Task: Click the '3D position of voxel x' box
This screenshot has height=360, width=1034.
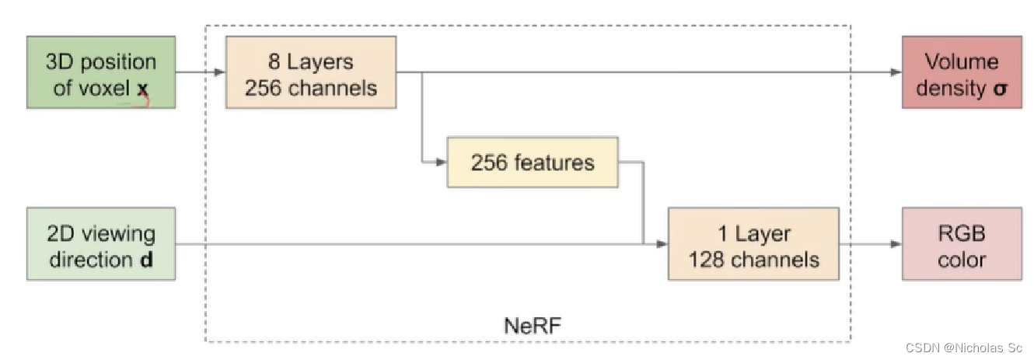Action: pos(100,72)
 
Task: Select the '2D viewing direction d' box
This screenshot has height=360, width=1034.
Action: pos(100,243)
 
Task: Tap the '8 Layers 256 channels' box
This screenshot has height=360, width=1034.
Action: pos(311,72)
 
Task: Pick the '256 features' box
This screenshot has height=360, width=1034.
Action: pos(532,162)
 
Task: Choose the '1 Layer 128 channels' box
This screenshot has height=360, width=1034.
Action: pos(753,243)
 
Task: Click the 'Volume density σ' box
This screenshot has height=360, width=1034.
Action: pos(962,72)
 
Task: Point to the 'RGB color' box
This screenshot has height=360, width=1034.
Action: pos(962,243)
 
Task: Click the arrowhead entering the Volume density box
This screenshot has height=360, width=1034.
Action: pos(896,72)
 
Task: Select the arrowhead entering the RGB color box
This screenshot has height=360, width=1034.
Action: pos(896,243)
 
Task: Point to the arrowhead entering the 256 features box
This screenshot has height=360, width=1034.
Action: pos(442,163)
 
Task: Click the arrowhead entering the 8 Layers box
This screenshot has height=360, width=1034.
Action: pos(220,72)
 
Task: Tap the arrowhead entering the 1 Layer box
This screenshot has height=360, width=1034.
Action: pos(662,243)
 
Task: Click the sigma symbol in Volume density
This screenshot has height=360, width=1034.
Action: pos(1000,89)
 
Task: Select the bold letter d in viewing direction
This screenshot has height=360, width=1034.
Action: pos(146,260)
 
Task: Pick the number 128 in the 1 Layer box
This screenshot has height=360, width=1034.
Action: pos(707,260)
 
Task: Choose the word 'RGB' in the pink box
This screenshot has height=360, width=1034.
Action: pos(962,233)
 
